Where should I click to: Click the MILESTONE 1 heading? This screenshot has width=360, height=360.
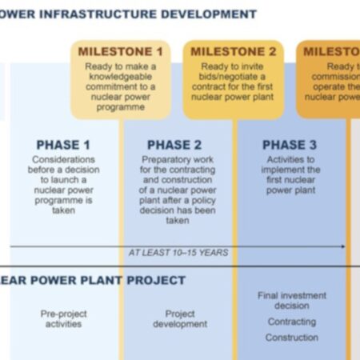[x=123, y=51]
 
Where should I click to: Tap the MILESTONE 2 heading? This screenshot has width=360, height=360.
[x=234, y=51]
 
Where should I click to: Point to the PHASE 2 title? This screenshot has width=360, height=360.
[x=174, y=145]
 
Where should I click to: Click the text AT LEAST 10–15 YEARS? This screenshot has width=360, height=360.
[x=178, y=252]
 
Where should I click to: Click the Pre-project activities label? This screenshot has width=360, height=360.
[x=64, y=319]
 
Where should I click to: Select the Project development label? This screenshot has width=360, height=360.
[x=180, y=319]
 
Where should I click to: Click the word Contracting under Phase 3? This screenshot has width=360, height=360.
[x=291, y=322]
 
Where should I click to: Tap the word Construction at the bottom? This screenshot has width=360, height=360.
[x=291, y=338]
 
